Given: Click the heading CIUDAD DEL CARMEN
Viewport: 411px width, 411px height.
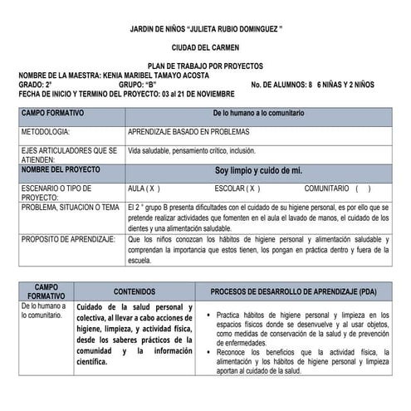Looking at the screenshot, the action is (x=205, y=47).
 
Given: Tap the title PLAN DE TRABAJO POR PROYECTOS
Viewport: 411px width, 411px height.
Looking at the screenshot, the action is (x=205, y=66).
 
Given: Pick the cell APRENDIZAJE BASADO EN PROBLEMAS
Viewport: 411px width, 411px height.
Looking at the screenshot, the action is (x=192, y=132).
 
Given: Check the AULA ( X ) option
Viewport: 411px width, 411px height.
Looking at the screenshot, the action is (x=144, y=188).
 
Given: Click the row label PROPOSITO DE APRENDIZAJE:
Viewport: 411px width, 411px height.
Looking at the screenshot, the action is (x=67, y=239).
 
